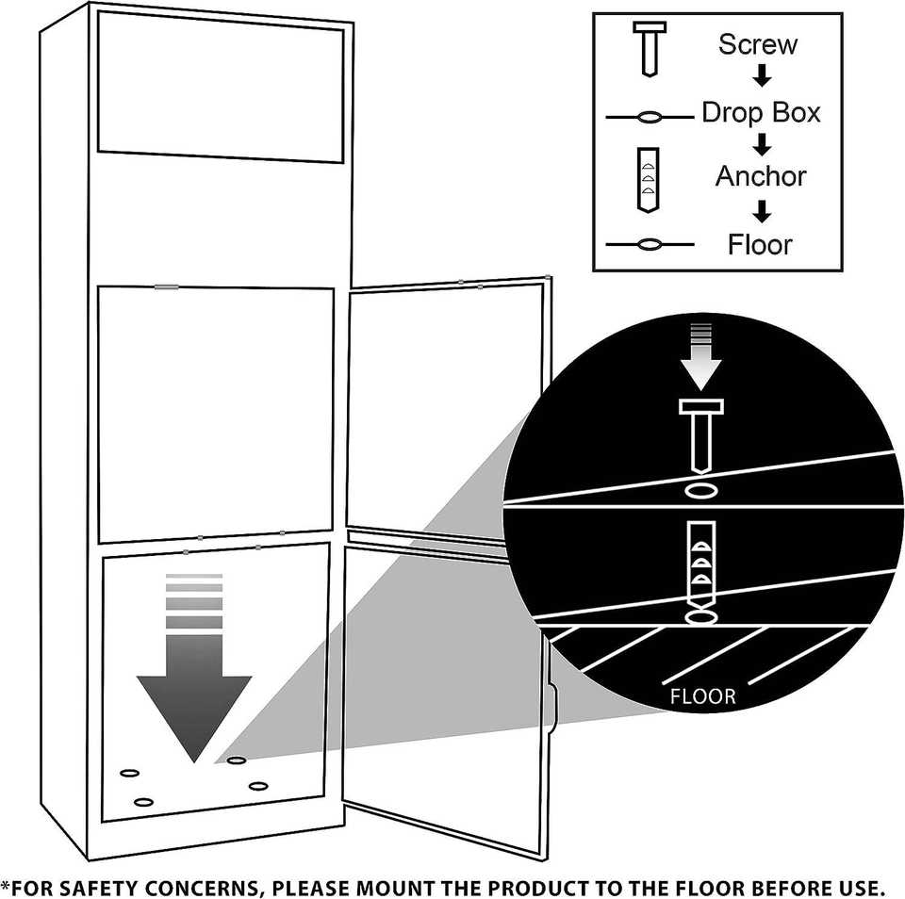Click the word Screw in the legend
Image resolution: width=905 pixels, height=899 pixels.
tap(757, 44)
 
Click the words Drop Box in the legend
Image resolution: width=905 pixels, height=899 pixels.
tap(761, 113)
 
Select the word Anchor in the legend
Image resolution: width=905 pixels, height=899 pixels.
tap(761, 176)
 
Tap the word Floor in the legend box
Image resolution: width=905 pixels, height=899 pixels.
tap(760, 245)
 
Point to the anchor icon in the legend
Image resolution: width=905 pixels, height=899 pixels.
tap(649, 180)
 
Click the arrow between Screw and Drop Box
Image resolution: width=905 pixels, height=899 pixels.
tap(763, 78)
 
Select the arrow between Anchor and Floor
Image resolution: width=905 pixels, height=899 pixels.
tap(763, 211)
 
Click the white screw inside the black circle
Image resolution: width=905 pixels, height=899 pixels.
tap(700, 436)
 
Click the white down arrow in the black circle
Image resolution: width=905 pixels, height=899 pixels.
tap(700, 355)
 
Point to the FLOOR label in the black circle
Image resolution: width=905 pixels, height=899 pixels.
tap(702, 698)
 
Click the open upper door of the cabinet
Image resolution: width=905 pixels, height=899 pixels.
tap(445, 410)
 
